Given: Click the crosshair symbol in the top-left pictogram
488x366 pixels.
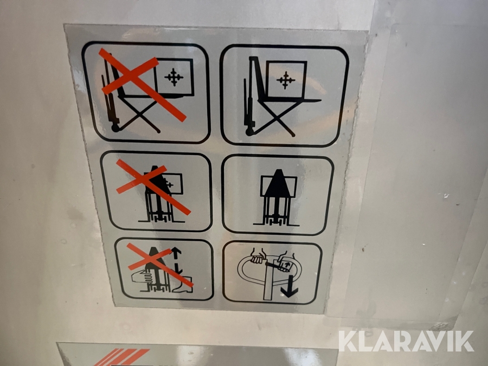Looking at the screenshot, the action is (x=174, y=77).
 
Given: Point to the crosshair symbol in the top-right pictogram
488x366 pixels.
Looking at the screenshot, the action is (x=286, y=80).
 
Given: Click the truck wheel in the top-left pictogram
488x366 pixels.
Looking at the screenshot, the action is (x=115, y=128).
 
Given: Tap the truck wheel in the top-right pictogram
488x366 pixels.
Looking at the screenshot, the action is (x=249, y=132).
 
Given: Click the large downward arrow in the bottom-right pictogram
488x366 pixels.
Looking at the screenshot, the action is (x=290, y=286).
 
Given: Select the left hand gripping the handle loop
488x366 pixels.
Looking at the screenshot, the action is (x=258, y=256).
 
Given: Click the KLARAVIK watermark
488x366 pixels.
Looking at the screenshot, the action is (x=407, y=342).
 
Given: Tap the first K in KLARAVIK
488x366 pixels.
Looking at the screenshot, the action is (x=348, y=342).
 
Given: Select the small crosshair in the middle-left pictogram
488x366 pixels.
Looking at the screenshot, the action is (x=170, y=184).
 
